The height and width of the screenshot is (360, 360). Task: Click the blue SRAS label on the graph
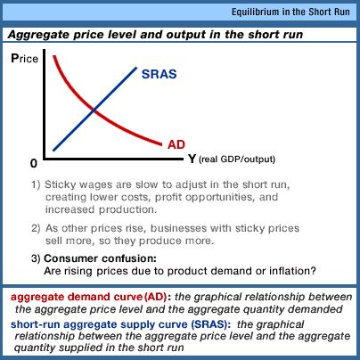[159, 74]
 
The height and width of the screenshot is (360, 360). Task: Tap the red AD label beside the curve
[176, 144]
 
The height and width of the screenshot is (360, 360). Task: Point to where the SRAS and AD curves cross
[94, 110]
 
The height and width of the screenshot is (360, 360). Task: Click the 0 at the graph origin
[34, 163]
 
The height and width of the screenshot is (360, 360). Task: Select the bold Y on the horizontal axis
[192, 159]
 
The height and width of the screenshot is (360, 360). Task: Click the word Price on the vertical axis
[25, 58]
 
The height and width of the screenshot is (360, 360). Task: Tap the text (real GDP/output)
[237, 160]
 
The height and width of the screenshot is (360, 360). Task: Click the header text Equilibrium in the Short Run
[290, 12]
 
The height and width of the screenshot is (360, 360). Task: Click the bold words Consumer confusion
[100, 258]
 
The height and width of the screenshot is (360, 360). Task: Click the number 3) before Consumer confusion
[36, 258]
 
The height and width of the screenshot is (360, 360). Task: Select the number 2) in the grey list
[36, 228]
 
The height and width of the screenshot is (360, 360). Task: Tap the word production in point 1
[127, 209]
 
